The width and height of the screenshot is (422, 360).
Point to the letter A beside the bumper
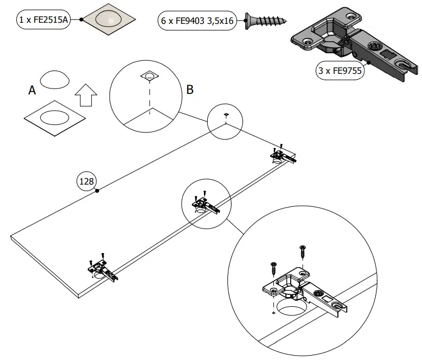point(32,91)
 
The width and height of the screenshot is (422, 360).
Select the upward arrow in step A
point(85,96)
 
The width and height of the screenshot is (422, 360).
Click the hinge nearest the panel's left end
point(102,268)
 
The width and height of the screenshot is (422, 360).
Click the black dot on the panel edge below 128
point(97,191)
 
